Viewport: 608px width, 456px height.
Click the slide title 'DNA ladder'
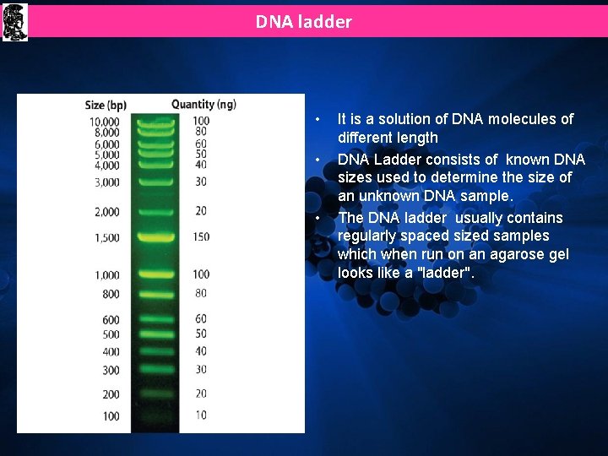(x=303, y=22)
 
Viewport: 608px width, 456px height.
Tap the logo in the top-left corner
(x=14, y=21)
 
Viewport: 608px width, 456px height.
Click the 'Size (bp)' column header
(x=106, y=105)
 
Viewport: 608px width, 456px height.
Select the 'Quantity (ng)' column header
(x=204, y=105)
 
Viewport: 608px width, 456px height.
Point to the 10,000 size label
(x=104, y=122)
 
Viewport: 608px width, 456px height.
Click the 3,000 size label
(x=106, y=182)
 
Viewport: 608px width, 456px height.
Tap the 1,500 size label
(x=106, y=238)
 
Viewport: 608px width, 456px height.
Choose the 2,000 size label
(x=106, y=212)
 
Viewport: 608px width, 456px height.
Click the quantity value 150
(x=201, y=237)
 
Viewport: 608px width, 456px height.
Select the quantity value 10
(x=200, y=415)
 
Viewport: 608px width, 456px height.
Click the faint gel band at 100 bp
(x=156, y=415)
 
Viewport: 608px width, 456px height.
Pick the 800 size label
(x=111, y=295)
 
